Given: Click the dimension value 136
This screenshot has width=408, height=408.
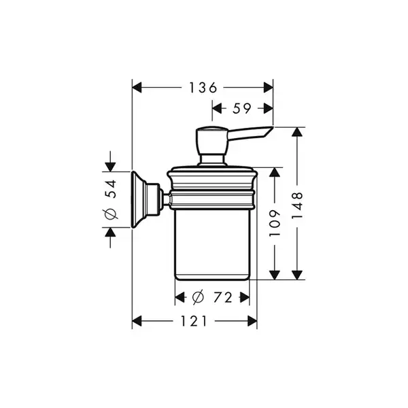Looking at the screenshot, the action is (203, 88).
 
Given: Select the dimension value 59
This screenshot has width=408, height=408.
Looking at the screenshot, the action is (241, 108).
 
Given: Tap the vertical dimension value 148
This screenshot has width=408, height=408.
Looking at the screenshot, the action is (297, 205).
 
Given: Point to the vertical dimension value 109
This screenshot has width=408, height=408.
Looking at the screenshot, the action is (275, 223).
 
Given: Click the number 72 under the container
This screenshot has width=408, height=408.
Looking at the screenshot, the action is (223, 297).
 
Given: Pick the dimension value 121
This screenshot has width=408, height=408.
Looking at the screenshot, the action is (194, 321).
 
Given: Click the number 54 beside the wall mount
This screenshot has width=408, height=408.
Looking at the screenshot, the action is (111, 189).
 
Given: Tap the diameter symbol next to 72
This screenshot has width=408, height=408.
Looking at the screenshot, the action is (198, 297).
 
